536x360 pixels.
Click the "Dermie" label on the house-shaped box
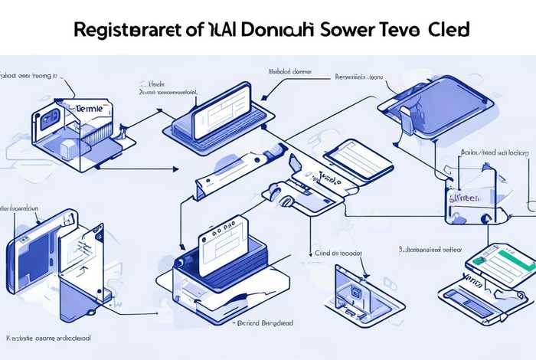tap(90, 110)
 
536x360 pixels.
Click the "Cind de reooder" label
tap(339, 251)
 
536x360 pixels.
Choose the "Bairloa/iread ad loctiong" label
tap(495, 153)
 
